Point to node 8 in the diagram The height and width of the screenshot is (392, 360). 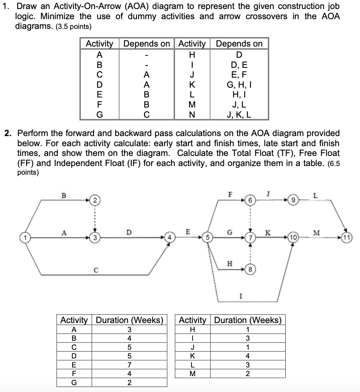coord(250,269)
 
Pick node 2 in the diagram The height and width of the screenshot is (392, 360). coord(95,200)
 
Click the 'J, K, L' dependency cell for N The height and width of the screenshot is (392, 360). coord(239,116)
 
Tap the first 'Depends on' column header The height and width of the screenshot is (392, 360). coord(146,44)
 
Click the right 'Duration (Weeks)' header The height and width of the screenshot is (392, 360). coord(247,320)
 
